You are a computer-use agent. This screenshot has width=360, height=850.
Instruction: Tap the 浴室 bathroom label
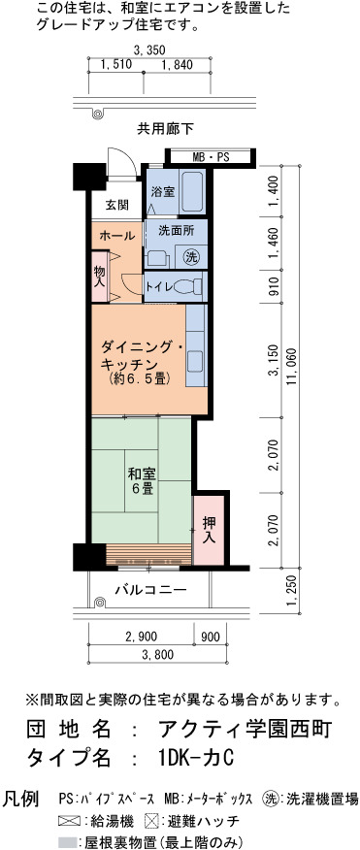point(162,191)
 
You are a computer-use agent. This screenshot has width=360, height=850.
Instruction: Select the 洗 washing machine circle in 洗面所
point(191,256)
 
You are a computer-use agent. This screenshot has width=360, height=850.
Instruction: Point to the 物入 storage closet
point(100,276)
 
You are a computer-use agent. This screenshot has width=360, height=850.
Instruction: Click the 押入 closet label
point(209,530)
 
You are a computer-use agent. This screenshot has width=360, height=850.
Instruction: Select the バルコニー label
point(151,589)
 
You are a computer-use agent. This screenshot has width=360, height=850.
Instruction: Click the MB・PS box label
point(211,157)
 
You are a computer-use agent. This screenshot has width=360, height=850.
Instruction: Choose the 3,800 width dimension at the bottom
point(157,654)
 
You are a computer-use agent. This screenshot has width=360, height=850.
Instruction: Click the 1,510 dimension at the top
point(116,65)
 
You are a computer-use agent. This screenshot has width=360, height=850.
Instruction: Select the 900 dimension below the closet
point(211,636)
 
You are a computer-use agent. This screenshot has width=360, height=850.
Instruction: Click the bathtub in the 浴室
point(192,192)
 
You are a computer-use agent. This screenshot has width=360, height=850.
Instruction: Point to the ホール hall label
point(116,236)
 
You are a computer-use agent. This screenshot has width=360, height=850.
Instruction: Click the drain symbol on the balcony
point(99,603)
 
